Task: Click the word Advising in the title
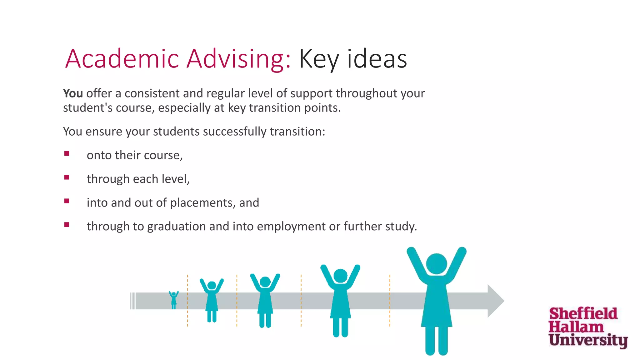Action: (239, 59)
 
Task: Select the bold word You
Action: (73, 93)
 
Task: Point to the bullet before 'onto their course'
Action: (67, 153)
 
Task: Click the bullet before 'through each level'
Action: (67, 177)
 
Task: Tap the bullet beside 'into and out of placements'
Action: (67, 201)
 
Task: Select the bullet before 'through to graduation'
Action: (67, 225)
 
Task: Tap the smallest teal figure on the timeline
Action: (174, 300)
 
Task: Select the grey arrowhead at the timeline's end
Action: (495, 301)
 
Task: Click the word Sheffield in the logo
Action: (583, 314)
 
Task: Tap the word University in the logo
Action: (588, 340)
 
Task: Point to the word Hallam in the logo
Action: (576, 327)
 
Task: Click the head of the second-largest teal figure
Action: (340, 276)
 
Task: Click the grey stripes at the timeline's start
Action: (132, 301)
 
